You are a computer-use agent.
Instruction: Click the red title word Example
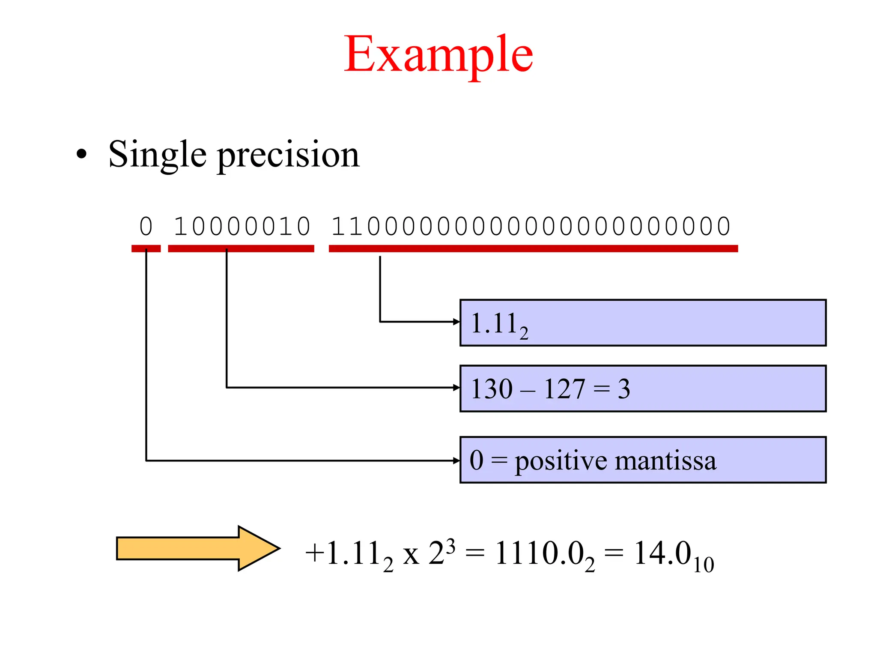[438, 55]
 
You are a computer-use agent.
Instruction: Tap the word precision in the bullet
[288, 155]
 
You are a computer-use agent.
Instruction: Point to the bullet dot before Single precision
[81, 155]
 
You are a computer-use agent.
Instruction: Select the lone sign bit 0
[146, 226]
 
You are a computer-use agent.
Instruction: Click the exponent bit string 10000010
[242, 226]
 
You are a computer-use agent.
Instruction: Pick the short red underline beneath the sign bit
[146, 248]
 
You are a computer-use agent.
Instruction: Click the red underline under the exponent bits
[241, 248]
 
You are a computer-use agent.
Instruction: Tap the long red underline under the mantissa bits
[533, 248]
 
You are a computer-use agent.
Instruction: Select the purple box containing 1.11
[642, 323]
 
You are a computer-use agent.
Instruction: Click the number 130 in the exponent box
[492, 389]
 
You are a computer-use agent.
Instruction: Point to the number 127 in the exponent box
[564, 389]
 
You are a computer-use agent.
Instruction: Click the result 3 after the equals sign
[624, 389]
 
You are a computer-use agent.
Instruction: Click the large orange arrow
[197, 548]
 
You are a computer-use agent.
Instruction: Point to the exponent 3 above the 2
[450, 546]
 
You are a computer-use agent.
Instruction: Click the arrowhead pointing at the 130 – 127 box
[456, 388]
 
